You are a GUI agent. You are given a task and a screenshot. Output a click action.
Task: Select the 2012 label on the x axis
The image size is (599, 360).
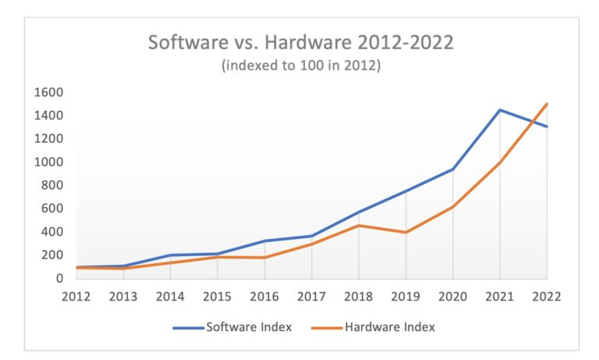pos(76,297)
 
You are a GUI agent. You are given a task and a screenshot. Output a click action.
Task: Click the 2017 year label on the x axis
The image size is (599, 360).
pos(311,297)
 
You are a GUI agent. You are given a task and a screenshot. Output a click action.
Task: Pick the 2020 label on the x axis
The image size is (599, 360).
pos(452,297)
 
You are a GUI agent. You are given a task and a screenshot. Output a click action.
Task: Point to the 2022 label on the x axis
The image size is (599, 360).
pos(547,297)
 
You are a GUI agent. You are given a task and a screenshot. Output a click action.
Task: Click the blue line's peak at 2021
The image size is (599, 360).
pos(500,110)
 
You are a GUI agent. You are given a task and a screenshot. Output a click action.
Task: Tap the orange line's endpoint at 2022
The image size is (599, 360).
pos(547,104)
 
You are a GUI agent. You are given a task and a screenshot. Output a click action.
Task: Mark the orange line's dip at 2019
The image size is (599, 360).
pos(406,232)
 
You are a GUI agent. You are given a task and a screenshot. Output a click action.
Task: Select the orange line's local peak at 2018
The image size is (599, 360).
pos(359,225)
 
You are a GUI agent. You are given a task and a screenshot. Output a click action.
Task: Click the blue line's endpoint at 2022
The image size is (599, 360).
pos(547,127)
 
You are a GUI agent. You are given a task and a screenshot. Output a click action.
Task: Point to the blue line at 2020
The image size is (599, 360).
pos(452,169)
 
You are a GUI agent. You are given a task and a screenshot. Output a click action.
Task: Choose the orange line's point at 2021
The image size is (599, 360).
pos(500,162)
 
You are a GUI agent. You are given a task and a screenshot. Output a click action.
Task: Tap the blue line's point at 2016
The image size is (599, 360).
pos(264,241)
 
